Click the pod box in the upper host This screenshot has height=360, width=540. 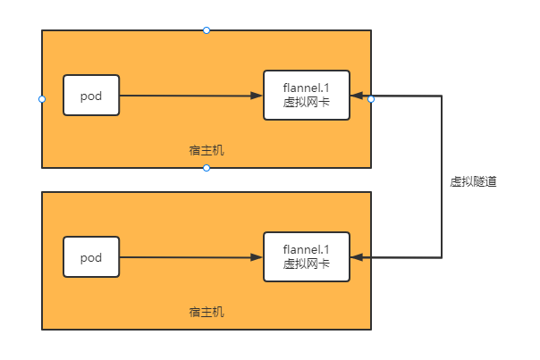point(91,96)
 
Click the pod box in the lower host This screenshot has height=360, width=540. point(91,257)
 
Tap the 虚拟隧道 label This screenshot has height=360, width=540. point(473,181)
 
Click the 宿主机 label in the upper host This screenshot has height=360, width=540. point(207,150)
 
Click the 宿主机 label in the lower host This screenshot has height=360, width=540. point(207,312)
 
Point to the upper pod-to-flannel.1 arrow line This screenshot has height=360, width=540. point(188,96)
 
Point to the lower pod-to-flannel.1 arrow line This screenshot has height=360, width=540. point(188,257)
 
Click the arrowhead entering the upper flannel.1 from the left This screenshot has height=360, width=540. point(257,96)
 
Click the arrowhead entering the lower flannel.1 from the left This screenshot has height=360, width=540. point(257,257)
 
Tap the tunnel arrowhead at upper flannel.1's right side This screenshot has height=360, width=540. point(357,95)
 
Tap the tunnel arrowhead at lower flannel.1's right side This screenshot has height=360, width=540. point(357,257)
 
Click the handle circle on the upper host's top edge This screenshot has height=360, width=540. point(207,30)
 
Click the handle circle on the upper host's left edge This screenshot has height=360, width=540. point(42,99)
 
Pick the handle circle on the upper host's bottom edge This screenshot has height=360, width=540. point(207,168)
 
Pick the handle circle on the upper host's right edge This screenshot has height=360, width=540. point(371,99)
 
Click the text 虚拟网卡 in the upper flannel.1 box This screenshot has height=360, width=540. point(307,104)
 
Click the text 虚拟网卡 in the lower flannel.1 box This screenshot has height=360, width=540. point(307,264)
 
